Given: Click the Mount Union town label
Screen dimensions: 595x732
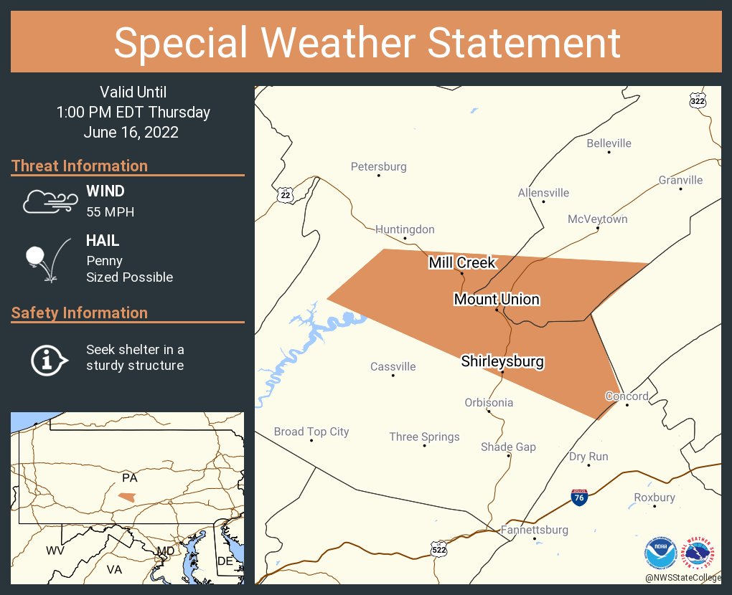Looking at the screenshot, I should pyautogui.click(x=497, y=299).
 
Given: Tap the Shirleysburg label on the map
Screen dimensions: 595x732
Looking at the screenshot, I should pyautogui.click(x=502, y=361).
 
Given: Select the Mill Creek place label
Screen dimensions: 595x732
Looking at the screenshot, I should pyautogui.click(x=462, y=262).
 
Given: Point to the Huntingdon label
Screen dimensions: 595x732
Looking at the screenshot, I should pyautogui.click(x=405, y=229).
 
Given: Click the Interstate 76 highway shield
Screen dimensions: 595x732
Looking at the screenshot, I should pyautogui.click(x=579, y=497).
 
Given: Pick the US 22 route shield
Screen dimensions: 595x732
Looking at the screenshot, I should pyautogui.click(x=286, y=194).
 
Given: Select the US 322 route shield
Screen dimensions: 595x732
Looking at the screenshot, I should pyautogui.click(x=698, y=100).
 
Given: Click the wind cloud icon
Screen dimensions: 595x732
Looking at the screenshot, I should pyautogui.click(x=48, y=201).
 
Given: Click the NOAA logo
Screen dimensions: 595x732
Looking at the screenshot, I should pyautogui.click(x=661, y=553).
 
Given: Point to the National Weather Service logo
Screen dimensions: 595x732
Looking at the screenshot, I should pyautogui.click(x=700, y=553).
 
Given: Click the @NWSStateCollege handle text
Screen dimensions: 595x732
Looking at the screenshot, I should pyautogui.click(x=682, y=577).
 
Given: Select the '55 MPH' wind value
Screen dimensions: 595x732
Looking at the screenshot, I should pyautogui.click(x=110, y=211).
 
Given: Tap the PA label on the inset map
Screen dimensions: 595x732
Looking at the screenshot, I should pyautogui.click(x=129, y=477).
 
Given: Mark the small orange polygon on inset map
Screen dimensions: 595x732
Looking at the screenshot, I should pyautogui.click(x=126, y=496).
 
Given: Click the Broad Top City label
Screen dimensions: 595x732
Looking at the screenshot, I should pyautogui.click(x=311, y=432).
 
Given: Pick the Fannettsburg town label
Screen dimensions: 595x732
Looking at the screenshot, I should pyautogui.click(x=535, y=530).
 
